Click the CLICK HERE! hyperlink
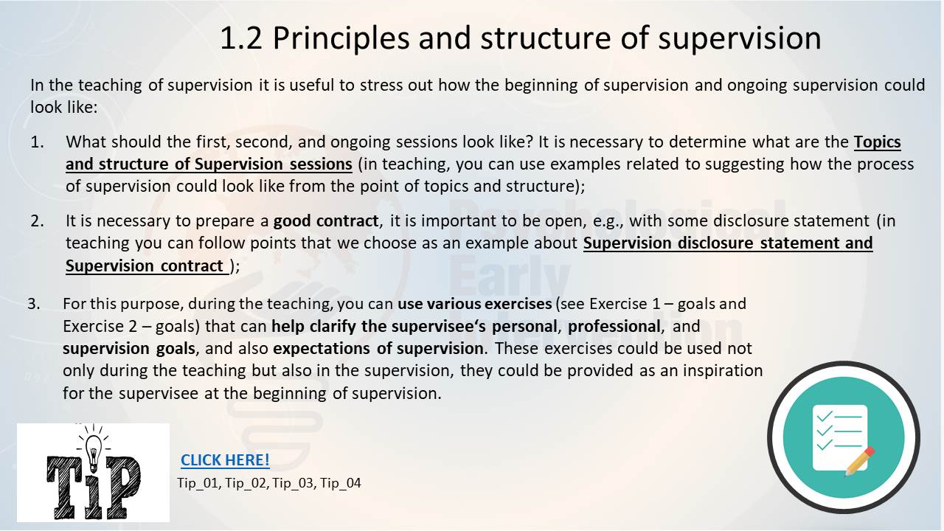(x=225, y=459)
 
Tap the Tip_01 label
(x=198, y=483)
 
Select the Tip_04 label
(x=341, y=483)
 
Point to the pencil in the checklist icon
(x=860, y=461)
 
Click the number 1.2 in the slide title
(x=241, y=38)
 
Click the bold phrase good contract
(x=326, y=221)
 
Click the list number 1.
(x=37, y=142)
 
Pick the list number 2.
(x=37, y=221)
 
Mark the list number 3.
(x=34, y=303)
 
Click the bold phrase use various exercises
(x=474, y=303)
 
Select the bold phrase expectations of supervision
(x=378, y=349)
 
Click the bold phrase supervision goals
(x=129, y=349)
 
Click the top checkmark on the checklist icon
(x=825, y=417)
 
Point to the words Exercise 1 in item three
(x=625, y=303)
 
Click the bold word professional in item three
(x=614, y=327)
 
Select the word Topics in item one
(x=878, y=142)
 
